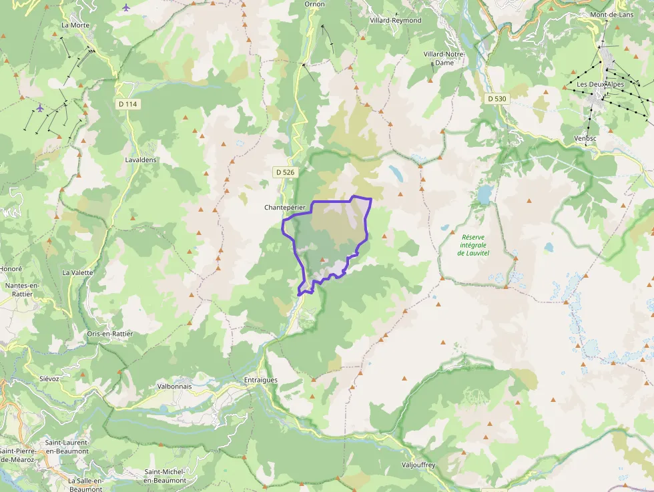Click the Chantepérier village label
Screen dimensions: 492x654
click(x=285, y=208)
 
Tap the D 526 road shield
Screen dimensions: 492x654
click(x=284, y=172)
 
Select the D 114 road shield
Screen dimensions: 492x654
click(x=127, y=104)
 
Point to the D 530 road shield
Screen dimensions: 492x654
click(x=497, y=99)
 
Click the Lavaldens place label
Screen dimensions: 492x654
click(x=141, y=160)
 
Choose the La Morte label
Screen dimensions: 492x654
click(x=75, y=25)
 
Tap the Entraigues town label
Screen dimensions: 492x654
click(x=260, y=380)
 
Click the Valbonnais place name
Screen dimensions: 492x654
click(x=174, y=386)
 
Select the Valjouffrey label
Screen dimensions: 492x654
click(x=418, y=465)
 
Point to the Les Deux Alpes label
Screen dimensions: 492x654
click(x=601, y=84)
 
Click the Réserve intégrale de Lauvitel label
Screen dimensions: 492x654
click(x=474, y=245)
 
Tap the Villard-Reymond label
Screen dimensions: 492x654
click(x=396, y=21)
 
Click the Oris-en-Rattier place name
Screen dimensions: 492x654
click(x=110, y=333)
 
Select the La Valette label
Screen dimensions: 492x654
click(x=77, y=272)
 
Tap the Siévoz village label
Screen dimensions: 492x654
click(x=49, y=378)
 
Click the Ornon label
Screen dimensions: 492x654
click(x=314, y=4)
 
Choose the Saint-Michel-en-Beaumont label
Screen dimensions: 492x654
click(x=165, y=476)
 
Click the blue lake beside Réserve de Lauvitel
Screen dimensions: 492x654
click(x=484, y=194)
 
